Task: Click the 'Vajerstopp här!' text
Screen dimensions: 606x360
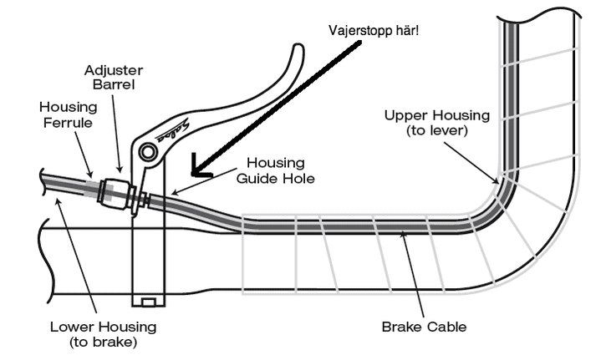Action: tap(374, 31)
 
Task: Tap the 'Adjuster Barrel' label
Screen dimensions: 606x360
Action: tap(114, 77)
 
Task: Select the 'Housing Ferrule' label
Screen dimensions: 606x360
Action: tap(69, 114)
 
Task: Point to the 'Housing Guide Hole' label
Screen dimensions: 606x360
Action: tap(276, 170)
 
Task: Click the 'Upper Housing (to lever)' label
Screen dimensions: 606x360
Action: tap(437, 123)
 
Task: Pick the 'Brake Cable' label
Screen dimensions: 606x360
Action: tap(424, 327)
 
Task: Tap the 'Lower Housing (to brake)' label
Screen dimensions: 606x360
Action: tap(104, 334)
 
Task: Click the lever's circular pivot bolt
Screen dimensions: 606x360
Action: tap(147, 151)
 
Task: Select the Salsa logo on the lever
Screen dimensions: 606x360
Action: tap(173, 131)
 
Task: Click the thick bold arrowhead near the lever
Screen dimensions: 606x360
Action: tap(201, 167)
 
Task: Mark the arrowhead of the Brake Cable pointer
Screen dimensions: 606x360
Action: tap(403, 233)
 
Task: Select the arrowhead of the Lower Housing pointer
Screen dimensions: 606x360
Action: tap(58, 200)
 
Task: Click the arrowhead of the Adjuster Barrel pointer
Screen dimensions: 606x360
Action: tap(120, 170)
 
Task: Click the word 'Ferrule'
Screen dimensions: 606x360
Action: tap(68, 123)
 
